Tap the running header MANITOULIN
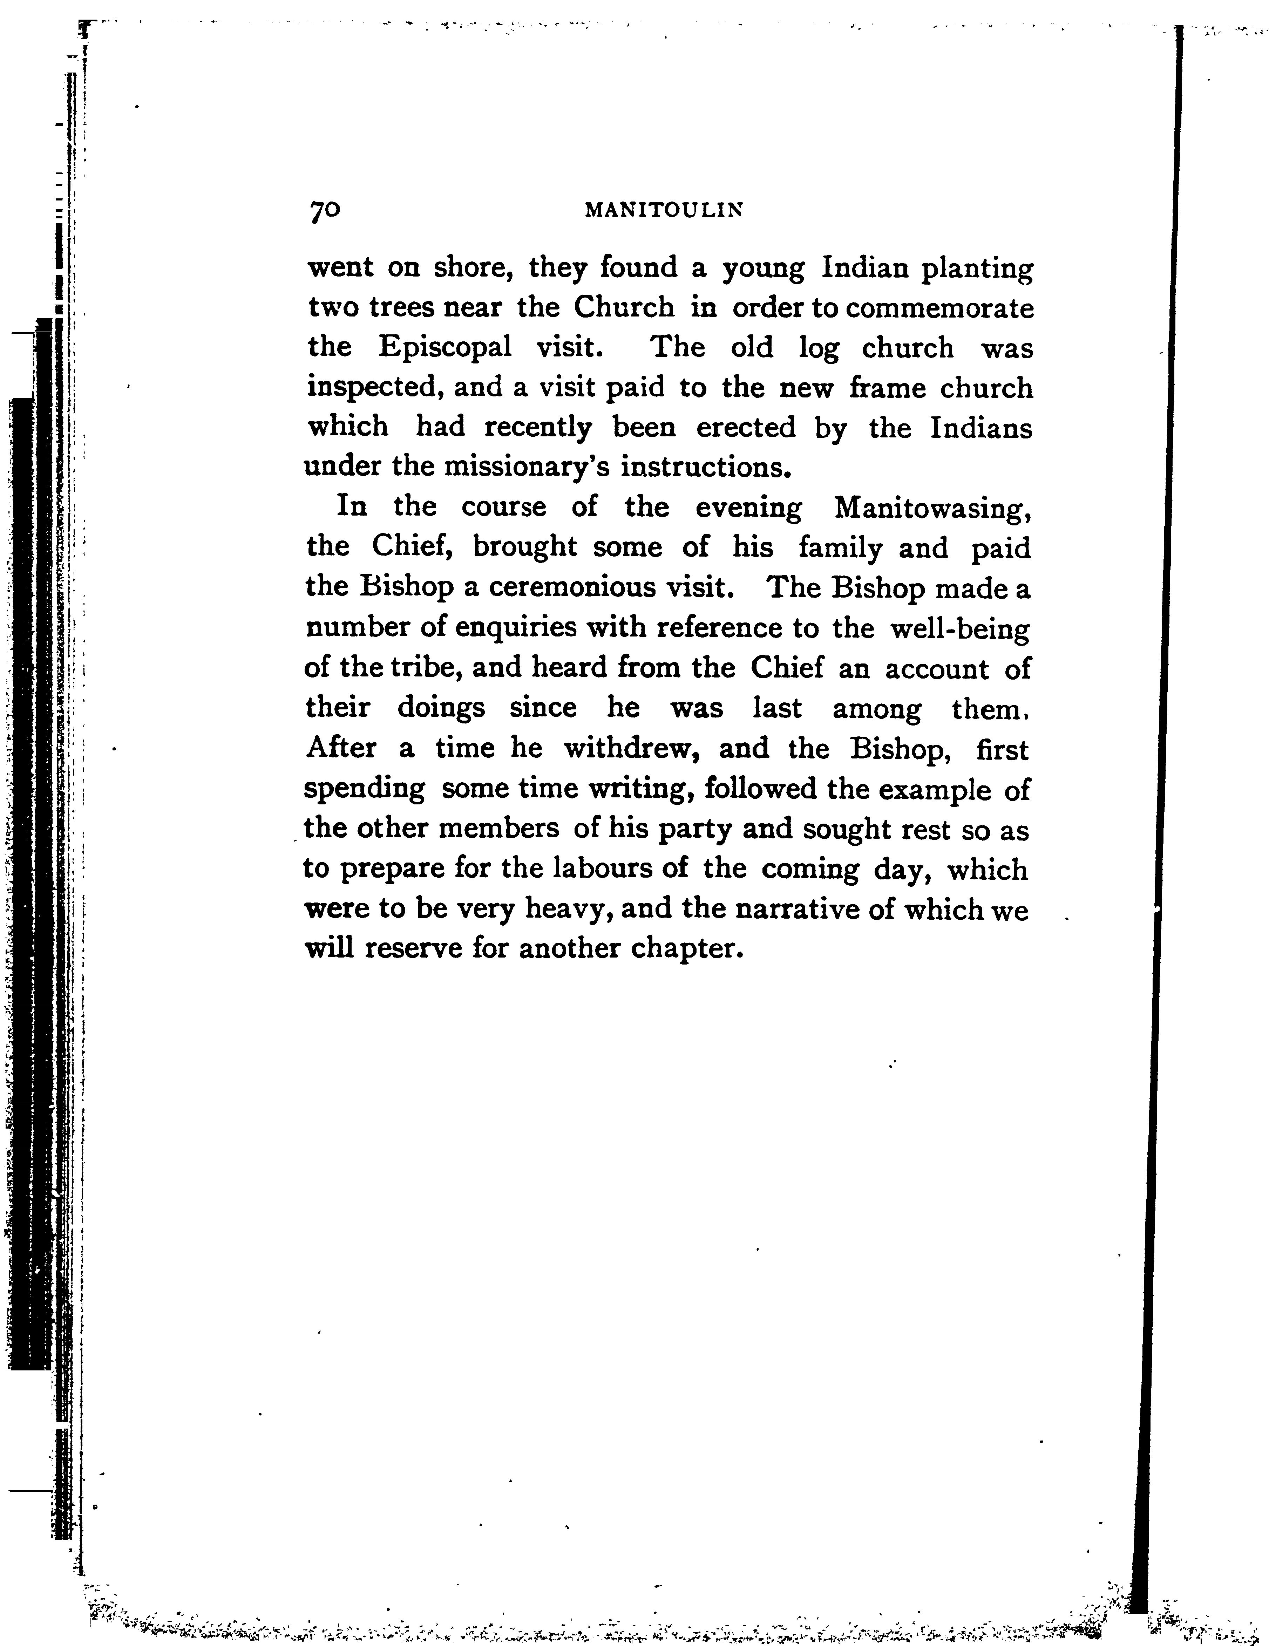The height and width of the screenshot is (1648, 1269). (x=664, y=211)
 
